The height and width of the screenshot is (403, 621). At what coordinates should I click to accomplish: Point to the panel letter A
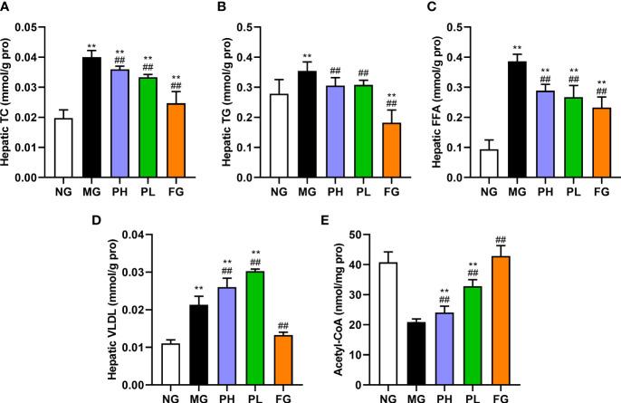coord(6,8)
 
